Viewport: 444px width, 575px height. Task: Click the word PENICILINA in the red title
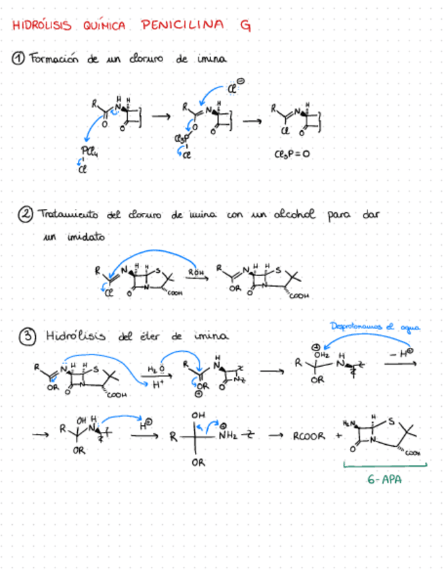[182, 26]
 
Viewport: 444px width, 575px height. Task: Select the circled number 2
[25, 215]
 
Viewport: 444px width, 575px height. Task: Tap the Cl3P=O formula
[292, 154]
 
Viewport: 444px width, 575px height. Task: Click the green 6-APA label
[383, 479]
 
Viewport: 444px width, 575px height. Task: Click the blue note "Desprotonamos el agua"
[375, 327]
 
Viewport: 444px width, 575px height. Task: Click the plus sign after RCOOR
[338, 437]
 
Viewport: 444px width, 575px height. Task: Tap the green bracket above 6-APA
[385, 465]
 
